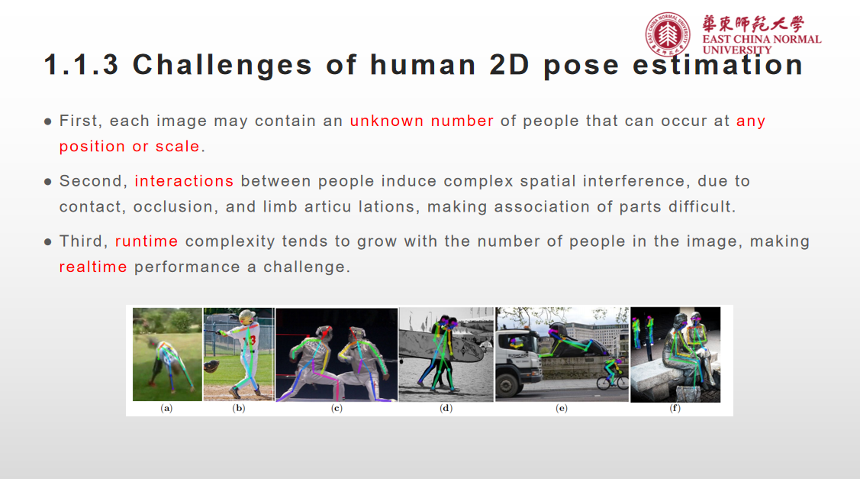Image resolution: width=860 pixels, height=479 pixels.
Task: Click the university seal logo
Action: point(668,34)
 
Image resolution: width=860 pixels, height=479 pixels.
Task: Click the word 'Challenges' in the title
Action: point(223,65)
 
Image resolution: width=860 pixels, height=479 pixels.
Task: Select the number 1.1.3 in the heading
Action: point(81,65)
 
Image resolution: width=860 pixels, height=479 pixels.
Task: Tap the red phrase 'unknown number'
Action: point(421,121)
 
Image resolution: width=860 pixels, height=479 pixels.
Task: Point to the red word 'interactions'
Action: point(184,181)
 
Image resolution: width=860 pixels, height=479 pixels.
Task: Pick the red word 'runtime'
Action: point(147,241)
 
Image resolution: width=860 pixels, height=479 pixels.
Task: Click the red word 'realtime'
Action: point(93,267)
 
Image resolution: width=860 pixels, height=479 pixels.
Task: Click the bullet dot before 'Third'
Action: point(47,242)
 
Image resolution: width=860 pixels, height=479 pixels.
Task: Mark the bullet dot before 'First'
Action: point(47,121)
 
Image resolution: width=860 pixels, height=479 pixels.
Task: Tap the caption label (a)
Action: point(167,409)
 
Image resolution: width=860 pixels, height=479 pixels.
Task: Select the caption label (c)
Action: point(337,409)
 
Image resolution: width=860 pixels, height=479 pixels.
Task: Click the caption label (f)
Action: point(675,409)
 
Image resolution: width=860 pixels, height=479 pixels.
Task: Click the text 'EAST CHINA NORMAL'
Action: point(762,39)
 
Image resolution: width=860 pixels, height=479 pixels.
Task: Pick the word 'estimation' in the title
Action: point(717,65)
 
